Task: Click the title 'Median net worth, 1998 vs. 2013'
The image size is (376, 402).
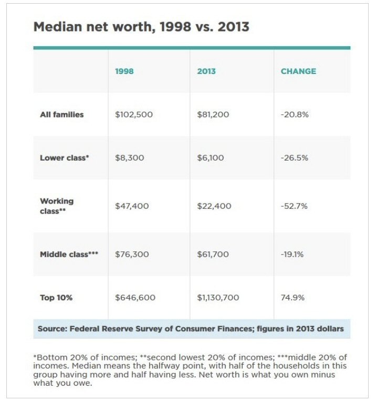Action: click(x=141, y=27)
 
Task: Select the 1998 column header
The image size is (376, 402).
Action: click(x=124, y=71)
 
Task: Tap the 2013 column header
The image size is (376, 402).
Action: click(x=206, y=71)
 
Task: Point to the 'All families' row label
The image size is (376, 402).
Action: click(x=61, y=114)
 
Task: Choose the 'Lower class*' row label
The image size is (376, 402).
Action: click(x=64, y=157)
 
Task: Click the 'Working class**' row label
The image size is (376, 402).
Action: click(x=57, y=206)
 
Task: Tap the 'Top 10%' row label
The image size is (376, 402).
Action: click(x=56, y=298)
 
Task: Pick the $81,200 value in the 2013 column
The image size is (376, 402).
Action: click(x=213, y=114)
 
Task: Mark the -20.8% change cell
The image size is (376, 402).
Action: click(x=294, y=114)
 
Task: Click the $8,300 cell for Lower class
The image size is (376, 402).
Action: click(x=129, y=157)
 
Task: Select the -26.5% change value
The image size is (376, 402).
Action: click(x=294, y=157)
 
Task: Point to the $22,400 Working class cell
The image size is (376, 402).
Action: click(x=214, y=206)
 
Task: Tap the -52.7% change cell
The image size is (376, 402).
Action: click(x=294, y=206)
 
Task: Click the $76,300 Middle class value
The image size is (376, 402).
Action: click(x=132, y=255)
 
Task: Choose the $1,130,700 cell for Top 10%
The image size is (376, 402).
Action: click(x=218, y=298)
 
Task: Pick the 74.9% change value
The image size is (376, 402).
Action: click(x=293, y=298)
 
